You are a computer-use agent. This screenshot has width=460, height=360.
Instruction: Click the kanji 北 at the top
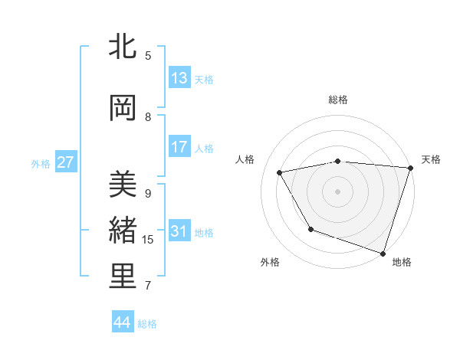point(123,47)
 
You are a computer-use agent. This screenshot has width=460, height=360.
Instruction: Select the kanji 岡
point(123,109)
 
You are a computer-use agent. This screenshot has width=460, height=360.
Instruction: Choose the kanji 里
point(123,277)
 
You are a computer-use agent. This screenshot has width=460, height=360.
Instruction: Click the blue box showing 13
point(179,78)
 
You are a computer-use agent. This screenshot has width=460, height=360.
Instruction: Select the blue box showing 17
point(179,147)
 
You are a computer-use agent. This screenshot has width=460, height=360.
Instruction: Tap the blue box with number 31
point(179,231)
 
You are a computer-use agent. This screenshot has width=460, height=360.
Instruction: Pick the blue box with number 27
point(66,162)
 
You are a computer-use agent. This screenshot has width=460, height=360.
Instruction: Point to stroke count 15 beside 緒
point(148,240)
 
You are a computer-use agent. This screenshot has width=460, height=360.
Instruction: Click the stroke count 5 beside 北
point(148,55)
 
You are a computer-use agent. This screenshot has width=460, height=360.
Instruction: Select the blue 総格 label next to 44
point(147,324)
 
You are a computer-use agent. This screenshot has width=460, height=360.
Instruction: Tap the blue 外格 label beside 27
point(41,163)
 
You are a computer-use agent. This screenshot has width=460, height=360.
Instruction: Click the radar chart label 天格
point(431,159)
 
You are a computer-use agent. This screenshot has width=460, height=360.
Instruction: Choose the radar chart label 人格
point(245,159)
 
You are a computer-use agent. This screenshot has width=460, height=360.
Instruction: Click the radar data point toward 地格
point(383,252)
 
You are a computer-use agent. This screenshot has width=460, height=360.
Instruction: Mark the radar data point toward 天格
point(410,169)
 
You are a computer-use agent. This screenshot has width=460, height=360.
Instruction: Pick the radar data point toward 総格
point(338,161)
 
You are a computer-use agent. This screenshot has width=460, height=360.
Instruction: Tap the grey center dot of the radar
point(338,191)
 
